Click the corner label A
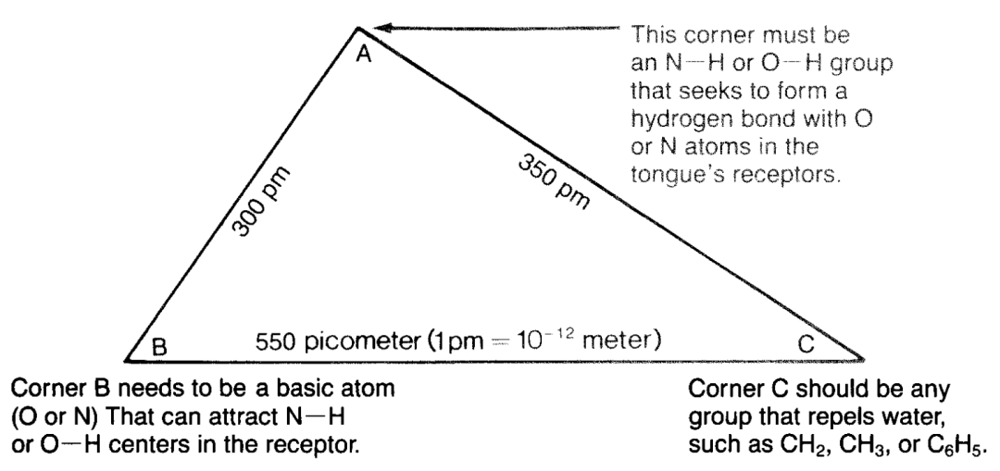365,56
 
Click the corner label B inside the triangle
160,348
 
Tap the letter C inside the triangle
806,344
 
